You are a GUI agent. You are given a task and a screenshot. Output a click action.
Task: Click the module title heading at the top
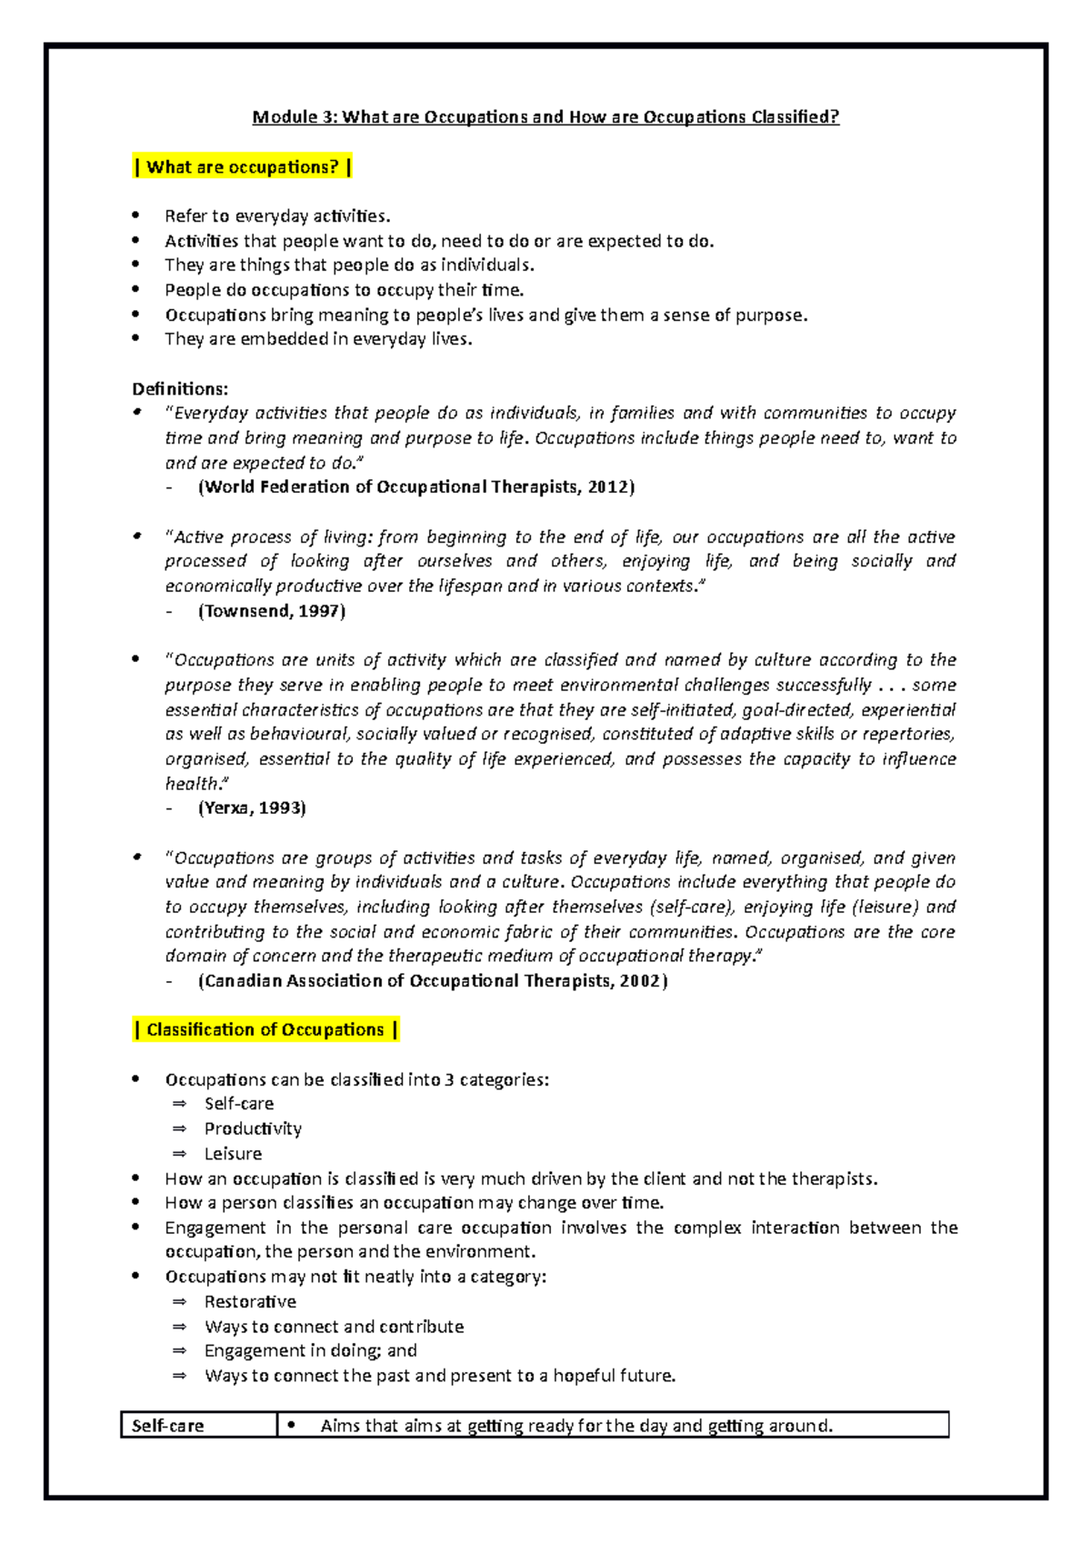pos(545,117)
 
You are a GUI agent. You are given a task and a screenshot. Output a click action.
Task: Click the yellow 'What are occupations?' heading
pos(242,167)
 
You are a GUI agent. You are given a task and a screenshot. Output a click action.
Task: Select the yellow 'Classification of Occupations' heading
pos(265,1029)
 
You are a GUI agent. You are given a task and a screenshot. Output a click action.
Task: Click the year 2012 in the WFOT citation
pos(608,487)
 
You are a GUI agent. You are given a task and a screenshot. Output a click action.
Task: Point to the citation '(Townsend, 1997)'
pos(271,611)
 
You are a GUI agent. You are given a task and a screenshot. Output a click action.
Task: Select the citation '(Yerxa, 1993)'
pos(251,807)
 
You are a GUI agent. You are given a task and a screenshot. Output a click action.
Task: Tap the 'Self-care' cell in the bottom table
pos(168,1426)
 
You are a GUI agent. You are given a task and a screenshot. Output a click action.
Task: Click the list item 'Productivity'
pos(253,1128)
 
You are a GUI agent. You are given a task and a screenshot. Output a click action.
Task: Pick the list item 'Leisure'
pos(233,1154)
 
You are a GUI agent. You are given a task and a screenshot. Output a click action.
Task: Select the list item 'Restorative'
pos(250,1302)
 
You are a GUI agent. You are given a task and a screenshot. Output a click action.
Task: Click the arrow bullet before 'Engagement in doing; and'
pos(179,1351)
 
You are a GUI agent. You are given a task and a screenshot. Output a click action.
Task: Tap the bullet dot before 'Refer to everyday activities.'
pos(135,216)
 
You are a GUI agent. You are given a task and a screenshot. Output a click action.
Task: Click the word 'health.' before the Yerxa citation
pos(196,783)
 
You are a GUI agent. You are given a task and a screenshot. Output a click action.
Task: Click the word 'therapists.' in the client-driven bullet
pos(834,1179)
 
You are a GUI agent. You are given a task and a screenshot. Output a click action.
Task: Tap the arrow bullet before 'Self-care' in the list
pos(179,1104)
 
